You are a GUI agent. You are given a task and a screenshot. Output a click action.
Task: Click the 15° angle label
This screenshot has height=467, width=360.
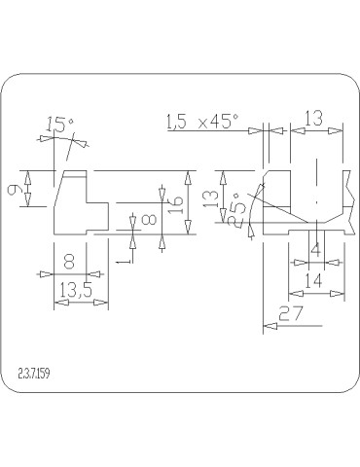pyautogui.click(x=60, y=125)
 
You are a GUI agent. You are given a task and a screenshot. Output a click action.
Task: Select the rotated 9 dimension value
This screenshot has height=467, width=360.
pyautogui.click(x=16, y=189)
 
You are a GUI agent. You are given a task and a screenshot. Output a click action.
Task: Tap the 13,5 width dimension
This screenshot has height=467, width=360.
pyautogui.click(x=76, y=290)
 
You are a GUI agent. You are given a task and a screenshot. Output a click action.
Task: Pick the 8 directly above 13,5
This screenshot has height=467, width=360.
pyautogui.click(x=69, y=262)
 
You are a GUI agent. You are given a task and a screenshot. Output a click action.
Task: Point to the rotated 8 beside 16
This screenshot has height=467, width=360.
pyautogui.click(x=149, y=220)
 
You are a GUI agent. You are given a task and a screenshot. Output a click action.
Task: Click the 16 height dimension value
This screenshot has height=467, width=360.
pyautogui.click(x=175, y=205)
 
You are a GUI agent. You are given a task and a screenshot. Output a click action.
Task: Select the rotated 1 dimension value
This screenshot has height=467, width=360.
pyautogui.click(x=124, y=261)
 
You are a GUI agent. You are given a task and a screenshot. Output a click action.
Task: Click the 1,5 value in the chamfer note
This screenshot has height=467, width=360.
pyautogui.click(x=177, y=123)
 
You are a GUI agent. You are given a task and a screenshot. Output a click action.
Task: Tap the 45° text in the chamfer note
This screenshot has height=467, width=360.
pyautogui.click(x=224, y=122)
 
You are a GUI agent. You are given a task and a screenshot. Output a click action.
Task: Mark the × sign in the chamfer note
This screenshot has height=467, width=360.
pyautogui.click(x=202, y=124)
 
